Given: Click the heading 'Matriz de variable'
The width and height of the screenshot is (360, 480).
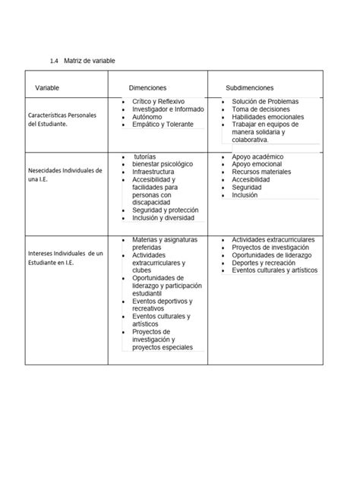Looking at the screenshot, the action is point(91,60).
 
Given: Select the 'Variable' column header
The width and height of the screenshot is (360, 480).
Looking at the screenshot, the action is point(46,89).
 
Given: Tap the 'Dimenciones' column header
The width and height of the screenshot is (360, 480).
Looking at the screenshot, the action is point(147,89).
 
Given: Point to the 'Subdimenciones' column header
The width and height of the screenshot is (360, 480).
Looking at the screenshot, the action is point(250,89).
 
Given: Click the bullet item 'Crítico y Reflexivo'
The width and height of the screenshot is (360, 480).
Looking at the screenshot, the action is point(158,101).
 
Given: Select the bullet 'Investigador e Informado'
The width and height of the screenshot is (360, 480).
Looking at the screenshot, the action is point(167,109).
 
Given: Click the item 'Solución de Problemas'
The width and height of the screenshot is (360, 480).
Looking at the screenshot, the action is point(265,101).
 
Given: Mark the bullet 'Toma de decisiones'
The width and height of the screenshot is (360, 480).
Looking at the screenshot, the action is point(261,109).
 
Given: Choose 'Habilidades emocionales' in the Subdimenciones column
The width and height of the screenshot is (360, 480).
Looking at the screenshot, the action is point(267,117).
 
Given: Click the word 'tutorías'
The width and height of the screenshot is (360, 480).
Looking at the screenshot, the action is point(144,156).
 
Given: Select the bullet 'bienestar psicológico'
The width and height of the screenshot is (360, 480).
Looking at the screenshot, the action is point(163,164).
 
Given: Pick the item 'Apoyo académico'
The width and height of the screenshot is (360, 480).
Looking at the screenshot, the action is point(257,156).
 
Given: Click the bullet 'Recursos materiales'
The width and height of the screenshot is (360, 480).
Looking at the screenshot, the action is point(261,172).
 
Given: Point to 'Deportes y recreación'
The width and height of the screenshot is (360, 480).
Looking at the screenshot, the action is point(264,262).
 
